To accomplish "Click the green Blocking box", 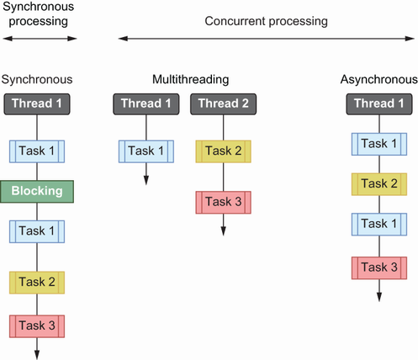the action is tap(37, 192).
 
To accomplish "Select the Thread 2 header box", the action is tap(224, 104).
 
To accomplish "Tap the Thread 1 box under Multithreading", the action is tap(146, 104).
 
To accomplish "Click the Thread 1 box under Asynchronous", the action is tap(379, 104).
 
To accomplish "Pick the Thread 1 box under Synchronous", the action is tap(37, 104).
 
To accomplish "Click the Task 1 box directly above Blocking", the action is tap(37, 151).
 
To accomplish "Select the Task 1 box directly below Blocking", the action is tap(37, 231).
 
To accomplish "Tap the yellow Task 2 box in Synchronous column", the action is tap(37, 283).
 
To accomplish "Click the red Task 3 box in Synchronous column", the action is tap(37, 326).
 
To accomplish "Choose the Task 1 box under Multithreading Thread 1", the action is tap(146, 151).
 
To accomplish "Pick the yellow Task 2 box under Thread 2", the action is tap(224, 151).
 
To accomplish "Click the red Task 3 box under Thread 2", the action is tap(224, 203).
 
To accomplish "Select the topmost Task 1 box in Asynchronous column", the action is tap(379, 144).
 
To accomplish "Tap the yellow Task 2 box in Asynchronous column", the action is tap(379, 184).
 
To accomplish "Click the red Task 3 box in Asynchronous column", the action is tap(379, 268).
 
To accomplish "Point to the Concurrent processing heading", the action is tap(266, 21).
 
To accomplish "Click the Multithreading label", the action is tap(191, 80).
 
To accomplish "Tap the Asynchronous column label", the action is tap(379, 80).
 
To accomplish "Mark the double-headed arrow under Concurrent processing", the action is tap(267, 39).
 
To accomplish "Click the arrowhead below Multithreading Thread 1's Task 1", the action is tap(146, 181).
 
